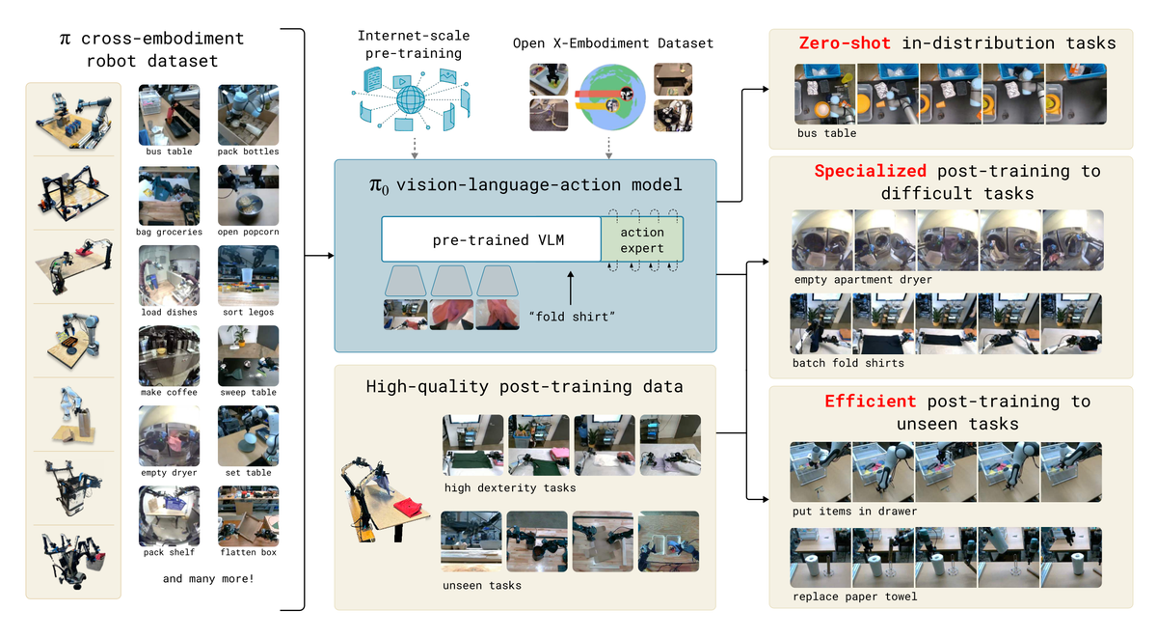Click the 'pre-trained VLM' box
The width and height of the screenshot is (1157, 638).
click(x=491, y=238)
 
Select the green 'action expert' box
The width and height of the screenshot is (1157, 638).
click(x=641, y=238)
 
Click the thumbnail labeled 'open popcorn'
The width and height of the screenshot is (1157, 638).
click(x=248, y=194)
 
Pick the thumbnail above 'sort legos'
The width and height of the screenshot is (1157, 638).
click(x=248, y=274)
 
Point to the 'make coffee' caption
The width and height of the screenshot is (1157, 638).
click(x=169, y=392)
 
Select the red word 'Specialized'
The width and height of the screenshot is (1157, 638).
click(x=871, y=172)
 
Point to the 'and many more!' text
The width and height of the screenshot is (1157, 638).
click(x=207, y=579)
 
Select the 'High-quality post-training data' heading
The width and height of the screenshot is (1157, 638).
click(x=525, y=386)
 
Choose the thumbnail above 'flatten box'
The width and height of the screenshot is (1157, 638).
click(x=248, y=515)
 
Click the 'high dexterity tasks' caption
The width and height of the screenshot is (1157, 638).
click(x=510, y=487)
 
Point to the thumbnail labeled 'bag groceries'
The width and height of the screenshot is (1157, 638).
click(x=169, y=194)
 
